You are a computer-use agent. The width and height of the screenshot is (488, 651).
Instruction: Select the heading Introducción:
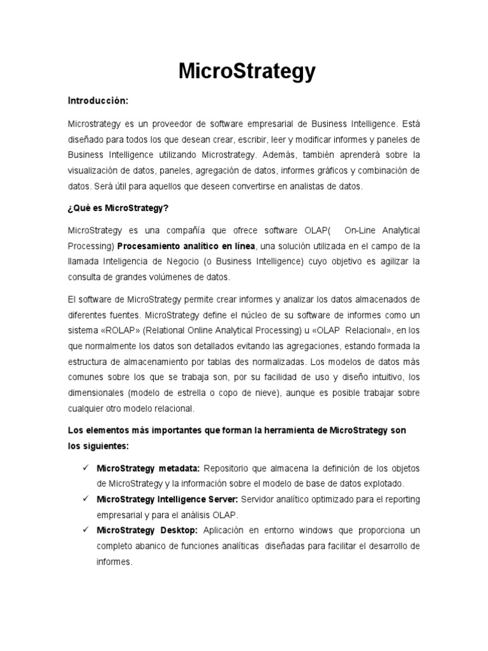(98, 101)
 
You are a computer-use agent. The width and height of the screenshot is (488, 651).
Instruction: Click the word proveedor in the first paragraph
(173, 123)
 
